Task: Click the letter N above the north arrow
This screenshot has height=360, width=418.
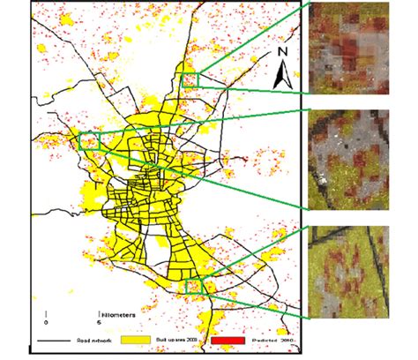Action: pos(283,52)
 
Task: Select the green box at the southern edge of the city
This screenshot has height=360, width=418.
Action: pos(194,284)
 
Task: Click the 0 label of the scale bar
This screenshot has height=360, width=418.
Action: pos(46,321)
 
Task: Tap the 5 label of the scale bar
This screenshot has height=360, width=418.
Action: pos(99,321)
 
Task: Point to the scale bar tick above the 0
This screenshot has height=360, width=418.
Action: pos(46,311)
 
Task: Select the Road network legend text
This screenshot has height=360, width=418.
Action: pos(95,339)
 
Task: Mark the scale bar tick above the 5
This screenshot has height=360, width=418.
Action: pos(99,311)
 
